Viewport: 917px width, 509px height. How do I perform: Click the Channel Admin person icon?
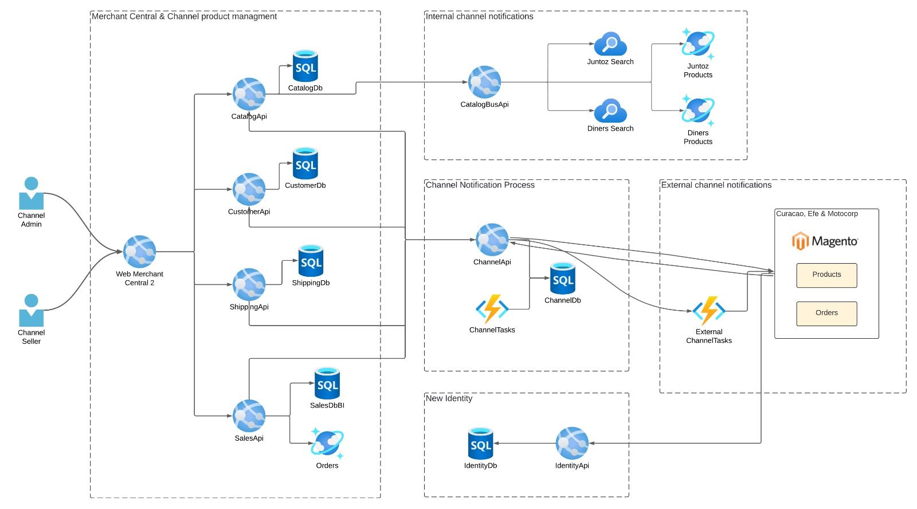coord(31,193)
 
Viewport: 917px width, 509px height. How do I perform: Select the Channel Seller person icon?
coord(31,310)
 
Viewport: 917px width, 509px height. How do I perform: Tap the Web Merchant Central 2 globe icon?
coord(139,252)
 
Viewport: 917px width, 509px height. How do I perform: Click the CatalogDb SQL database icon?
coord(305,66)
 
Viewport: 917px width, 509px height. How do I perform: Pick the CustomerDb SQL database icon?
coord(305,163)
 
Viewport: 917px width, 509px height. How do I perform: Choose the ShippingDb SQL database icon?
coord(311,261)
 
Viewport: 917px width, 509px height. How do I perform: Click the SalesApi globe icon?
coord(249,416)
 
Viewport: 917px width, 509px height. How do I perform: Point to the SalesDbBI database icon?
coord(327,383)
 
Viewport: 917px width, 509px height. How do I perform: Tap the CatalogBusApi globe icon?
coord(484,82)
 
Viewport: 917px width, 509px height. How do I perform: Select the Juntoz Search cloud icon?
coord(610,44)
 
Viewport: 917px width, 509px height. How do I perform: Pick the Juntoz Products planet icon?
coord(698,44)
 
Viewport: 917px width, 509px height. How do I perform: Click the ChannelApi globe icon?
coord(492,240)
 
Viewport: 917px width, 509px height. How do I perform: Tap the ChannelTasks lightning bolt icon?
coord(492,310)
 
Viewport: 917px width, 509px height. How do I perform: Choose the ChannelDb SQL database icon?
coord(562,279)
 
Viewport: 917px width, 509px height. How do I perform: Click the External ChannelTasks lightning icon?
coord(709,311)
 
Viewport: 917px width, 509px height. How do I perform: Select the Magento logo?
coord(825,241)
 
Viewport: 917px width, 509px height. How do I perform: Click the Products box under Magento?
coord(826,275)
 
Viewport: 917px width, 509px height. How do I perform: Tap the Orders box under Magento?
coord(826,314)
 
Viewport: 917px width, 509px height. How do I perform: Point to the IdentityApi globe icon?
coord(571,443)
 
